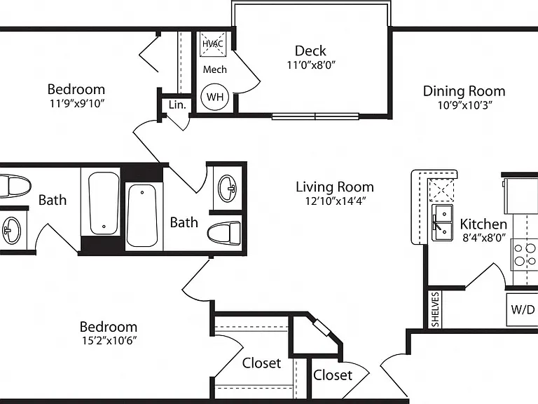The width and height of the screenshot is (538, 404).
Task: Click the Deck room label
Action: click(310, 50)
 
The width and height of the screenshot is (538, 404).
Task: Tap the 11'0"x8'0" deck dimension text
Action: click(311, 65)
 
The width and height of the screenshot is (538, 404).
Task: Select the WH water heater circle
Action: click(215, 97)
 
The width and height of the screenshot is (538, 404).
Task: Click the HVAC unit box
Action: click(213, 43)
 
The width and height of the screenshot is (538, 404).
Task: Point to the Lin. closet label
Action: click(177, 105)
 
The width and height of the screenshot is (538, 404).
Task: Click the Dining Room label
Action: click(464, 91)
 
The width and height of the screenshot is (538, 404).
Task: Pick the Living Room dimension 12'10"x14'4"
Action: click(336, 201)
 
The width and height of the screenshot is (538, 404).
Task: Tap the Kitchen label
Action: click(483, 224)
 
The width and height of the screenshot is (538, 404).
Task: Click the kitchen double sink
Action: click(442, 222)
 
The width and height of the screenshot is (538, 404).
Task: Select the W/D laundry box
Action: click(522, 309)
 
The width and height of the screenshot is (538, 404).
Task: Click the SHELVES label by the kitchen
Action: click(435, 309)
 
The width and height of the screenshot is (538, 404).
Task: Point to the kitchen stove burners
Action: click(525, 255)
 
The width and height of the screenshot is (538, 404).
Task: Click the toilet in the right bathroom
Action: click(224, 234)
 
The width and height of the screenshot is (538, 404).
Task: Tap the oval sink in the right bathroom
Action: click(227, 188)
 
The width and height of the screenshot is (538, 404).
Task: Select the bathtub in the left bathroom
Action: click(104, 203)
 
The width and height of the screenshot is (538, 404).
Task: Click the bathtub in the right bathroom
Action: click(142, 215)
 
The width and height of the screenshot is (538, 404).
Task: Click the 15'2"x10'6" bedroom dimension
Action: click(109, 340)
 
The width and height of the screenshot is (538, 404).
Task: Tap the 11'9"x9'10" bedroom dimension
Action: click(77, 103)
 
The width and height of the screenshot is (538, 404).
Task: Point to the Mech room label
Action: click(215, 69)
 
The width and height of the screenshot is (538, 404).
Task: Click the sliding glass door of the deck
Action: click(315, 116)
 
